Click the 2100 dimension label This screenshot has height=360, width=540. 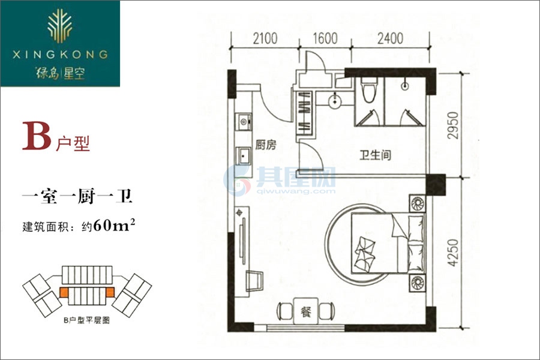pyautogui.click(x=265, y=38)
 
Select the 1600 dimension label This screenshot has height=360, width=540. pyautogui.click(x=325, y=38)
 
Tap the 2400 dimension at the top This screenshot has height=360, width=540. pyautogui.click(x=390, y=38)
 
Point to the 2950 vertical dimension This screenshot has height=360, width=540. pyautogui.click(x=453, y=125)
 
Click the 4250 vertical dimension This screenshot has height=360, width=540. pyautogui.click(x=453, y=253)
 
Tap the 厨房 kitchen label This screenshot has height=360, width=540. pyautogui.click(x=266, y=145)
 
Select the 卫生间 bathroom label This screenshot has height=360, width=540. pyautogui.click(x=376, y=155)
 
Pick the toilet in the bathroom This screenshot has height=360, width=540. pyautogui.click(x=368, y=90)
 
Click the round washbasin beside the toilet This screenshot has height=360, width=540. pyautogui.click(x=335, y=101)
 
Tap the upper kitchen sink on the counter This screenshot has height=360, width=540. pyautogui.click(x=244, y=122)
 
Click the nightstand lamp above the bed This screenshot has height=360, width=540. pyautogui.click(x=417, y=204)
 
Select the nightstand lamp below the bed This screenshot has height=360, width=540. pyautogui.click(x=417, y=283)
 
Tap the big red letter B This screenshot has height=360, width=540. pyautogui.click(x=37, y=136)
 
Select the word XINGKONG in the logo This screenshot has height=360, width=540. pyautogui.click(x=60, y=55)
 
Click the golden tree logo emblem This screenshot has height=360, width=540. pyautogui.click(x=60, y=25)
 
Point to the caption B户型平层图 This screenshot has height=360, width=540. pyautogui.click(x=87, y=320)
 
